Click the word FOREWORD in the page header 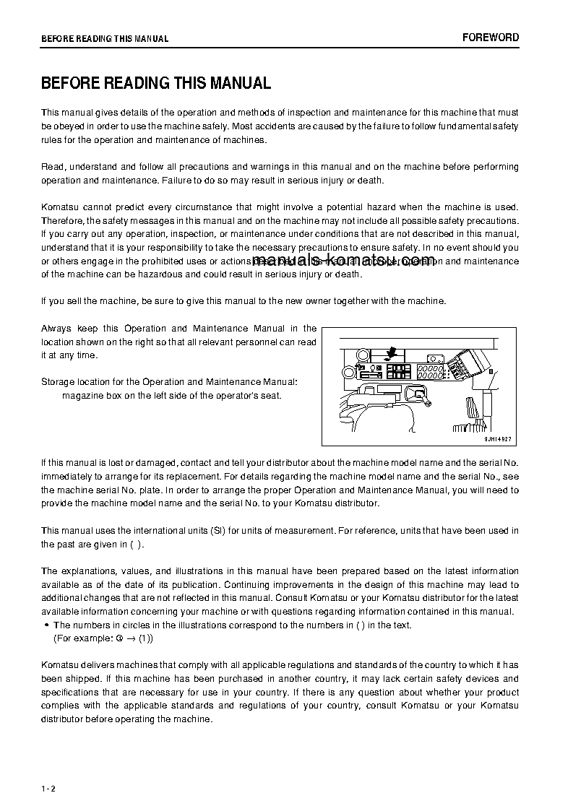(491, 38)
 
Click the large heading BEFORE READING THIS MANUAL (156, 83)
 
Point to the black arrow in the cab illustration (392, 352)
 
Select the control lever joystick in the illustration (417, 394)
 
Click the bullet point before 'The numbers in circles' (46, 625)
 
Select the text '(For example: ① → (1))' (103, 638)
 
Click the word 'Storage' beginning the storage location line (58, 381)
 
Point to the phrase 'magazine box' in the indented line (88, 395)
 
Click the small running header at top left (105, 38)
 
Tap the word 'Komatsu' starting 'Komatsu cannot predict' (59, 207)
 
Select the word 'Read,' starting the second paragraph (53, 167)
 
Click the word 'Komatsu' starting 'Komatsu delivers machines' (59, 665)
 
